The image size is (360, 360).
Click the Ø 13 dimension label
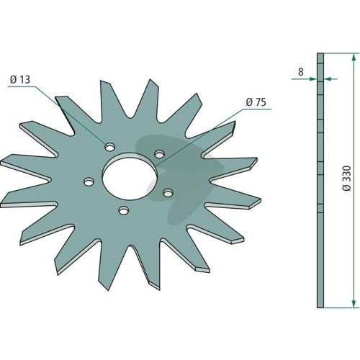(x=20, y=80)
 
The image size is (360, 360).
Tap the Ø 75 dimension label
(x=256, y=102)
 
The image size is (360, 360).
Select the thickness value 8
(x=301, y=72)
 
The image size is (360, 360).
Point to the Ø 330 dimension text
(x=346, y=178)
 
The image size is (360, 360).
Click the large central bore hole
(x=130, y=176)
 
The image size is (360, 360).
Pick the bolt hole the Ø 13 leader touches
(x=109, y=147)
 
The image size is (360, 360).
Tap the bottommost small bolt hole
(x=124, y=211)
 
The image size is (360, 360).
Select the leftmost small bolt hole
(x=89, y=181)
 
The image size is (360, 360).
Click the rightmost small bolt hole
(x=168, y=192)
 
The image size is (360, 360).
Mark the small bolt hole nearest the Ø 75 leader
(x=159, y=154)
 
